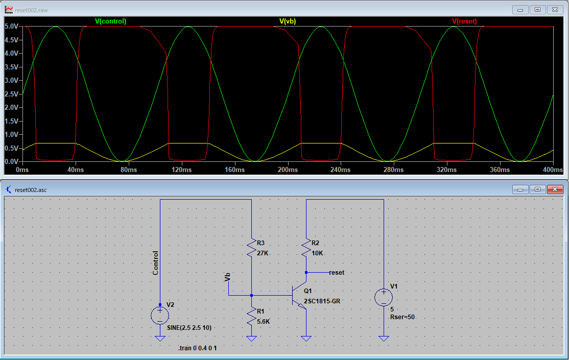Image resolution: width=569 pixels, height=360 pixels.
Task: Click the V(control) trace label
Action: [x=110, y=21]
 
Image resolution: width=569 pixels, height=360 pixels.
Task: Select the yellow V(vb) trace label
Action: [x=288, y=21]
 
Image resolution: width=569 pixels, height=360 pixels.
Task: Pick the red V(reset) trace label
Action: [x=464, y=21]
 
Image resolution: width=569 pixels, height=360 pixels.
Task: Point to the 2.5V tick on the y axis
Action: [x=11, y=94]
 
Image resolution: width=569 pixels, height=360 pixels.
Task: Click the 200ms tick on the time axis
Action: [x=288, y=170]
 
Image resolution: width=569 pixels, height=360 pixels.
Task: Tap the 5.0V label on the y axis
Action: [x=11, y=26]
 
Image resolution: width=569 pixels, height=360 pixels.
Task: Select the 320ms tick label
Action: [x=447, y=170]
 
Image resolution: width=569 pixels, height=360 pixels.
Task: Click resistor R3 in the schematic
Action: [x=251, y=248]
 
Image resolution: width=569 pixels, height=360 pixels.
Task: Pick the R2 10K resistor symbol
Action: [x=306, y=248]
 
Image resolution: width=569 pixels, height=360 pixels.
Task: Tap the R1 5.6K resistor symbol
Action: [x=251, y=316]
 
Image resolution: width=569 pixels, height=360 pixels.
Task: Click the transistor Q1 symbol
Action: [x=299, y=295]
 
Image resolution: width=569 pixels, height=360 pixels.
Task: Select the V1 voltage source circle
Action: [x=384, y=297]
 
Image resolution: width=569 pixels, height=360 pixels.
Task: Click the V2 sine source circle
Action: [x=160, y=316]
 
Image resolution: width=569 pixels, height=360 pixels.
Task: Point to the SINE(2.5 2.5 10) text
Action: [x=189, y=328]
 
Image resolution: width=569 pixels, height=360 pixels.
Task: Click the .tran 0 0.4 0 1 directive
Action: [x=197, y=348]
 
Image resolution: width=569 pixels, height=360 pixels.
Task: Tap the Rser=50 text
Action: [x=402, y=317]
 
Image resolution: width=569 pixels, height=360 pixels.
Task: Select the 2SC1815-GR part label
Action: [x=322, y=301]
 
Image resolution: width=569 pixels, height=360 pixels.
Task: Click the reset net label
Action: [x=337, y=273]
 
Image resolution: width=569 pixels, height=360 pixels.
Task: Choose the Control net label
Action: [x=155, y=263]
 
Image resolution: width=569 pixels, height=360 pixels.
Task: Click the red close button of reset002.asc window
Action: [x=555, y=189]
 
